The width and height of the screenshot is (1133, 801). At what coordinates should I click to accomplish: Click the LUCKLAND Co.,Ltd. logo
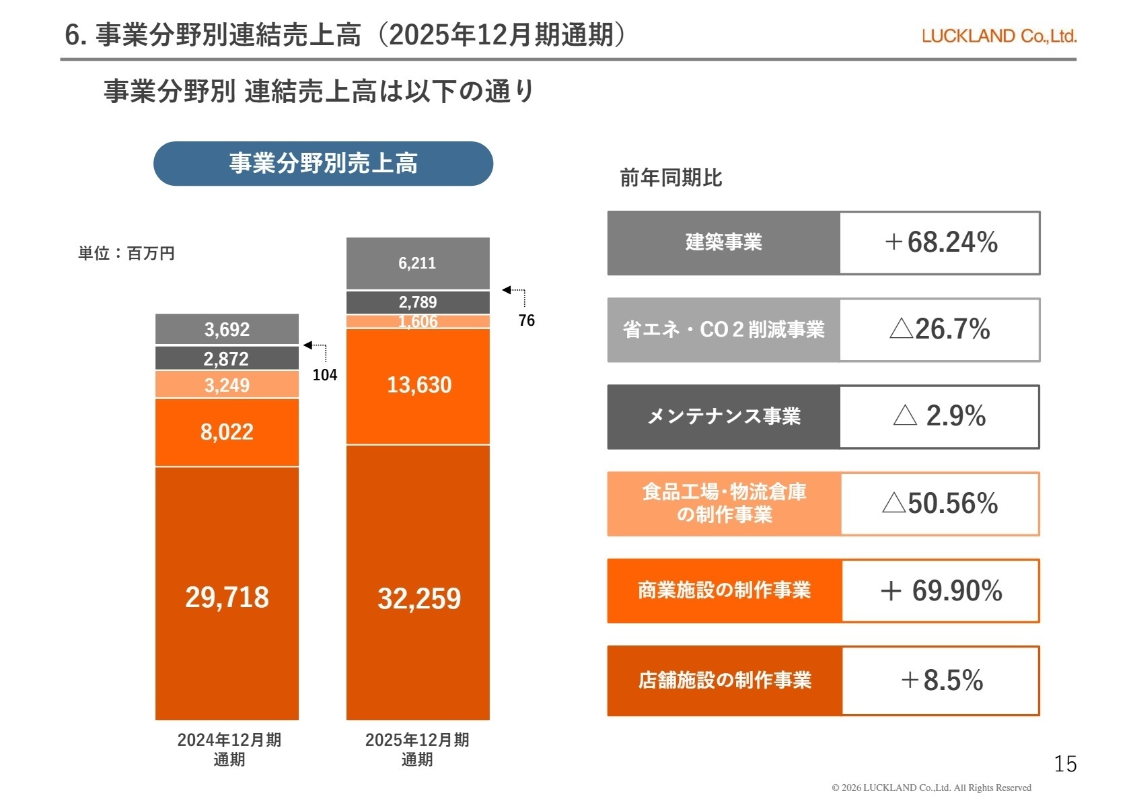998,36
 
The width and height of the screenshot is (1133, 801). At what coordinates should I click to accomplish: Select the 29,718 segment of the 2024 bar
227,596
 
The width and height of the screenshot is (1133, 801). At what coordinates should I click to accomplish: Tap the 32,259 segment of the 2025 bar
418,598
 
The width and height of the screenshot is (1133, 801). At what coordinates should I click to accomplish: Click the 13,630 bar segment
418,385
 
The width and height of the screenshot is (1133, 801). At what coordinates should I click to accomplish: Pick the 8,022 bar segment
227,431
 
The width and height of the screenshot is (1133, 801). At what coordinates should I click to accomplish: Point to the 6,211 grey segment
417,263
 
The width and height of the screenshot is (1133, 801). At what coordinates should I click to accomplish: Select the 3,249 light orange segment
227,385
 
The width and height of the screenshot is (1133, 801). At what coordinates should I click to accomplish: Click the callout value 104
325,375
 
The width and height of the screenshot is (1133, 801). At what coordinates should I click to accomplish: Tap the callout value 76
526,320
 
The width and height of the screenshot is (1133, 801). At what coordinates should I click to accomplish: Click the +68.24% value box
939,242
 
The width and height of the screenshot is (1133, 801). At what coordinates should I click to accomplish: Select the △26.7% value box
939,329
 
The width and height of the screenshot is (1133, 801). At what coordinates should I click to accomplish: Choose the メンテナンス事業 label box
723,417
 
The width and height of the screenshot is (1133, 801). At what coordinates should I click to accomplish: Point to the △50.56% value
939,503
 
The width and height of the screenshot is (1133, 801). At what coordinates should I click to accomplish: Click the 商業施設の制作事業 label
724,590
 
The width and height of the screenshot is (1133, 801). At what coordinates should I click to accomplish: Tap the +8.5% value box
941,681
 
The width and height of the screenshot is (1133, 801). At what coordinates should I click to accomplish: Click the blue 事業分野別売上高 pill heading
323,164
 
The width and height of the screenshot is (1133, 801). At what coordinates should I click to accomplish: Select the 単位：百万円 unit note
126,254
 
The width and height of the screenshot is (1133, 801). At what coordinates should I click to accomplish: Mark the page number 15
1064,764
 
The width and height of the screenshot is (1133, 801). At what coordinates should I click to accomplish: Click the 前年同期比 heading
670,178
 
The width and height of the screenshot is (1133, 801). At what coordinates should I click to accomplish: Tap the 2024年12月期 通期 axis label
229,749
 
